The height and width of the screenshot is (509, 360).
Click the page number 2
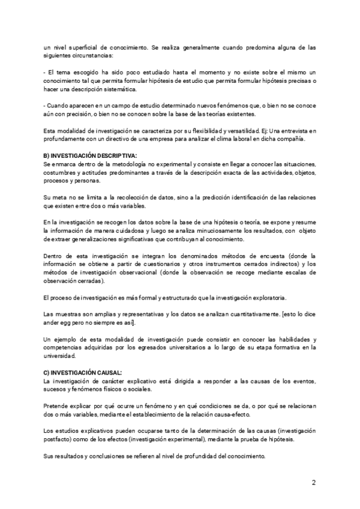[x=313, y=483]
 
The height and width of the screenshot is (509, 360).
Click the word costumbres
[x=60, y=172]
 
